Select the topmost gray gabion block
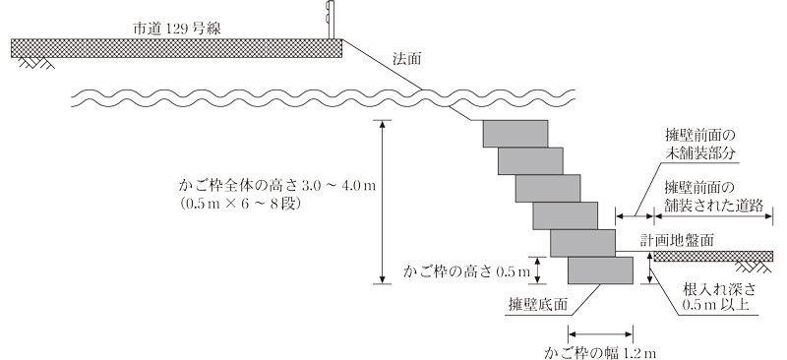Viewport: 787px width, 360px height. (x=515, y=133)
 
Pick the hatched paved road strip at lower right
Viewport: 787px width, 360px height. (x=718, y=256)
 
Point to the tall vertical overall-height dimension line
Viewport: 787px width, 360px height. (x=382, y=202)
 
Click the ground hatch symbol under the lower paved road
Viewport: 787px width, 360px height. (x=757, y=267)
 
